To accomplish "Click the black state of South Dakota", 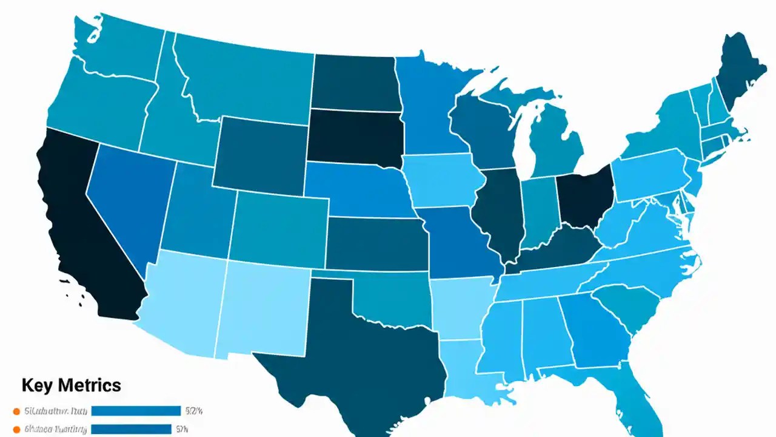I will [x=355, y=137].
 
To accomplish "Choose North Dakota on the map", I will [x=355, y=82].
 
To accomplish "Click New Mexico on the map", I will [x=264, y=310].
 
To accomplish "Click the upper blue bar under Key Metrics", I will [x=136, y=411].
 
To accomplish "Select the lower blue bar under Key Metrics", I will [x=131, y=429].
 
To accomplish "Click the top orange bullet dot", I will [x=17, y=411].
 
